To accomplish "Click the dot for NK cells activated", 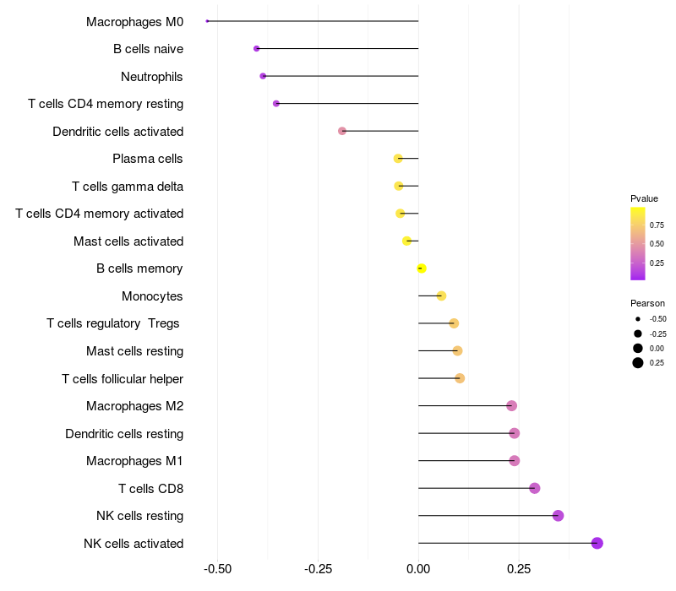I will [597, 543].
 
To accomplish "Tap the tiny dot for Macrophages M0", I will [207, 21].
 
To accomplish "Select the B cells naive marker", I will [256, 49].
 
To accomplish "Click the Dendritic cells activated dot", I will [342, 131].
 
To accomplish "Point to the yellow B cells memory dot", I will [422, 268].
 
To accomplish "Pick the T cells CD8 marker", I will [534, 488].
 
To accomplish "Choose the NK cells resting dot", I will [558, 516].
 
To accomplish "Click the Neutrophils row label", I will [152, 77].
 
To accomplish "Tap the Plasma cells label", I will [148, 159].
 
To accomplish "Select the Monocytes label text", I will [152, 296].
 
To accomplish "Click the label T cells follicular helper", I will [123, 379].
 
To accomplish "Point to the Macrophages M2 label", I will [134, 406].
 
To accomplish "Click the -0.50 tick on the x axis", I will [218, 568].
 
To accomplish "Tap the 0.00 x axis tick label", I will [418, 568].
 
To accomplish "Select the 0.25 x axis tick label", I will [519, 568].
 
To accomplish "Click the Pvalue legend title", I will [644, 198].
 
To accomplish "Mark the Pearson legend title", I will [647, 303].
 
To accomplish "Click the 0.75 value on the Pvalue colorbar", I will [657, 225].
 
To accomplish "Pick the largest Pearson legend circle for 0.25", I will [638, 363].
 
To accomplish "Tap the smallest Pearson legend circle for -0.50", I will [638, 319].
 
